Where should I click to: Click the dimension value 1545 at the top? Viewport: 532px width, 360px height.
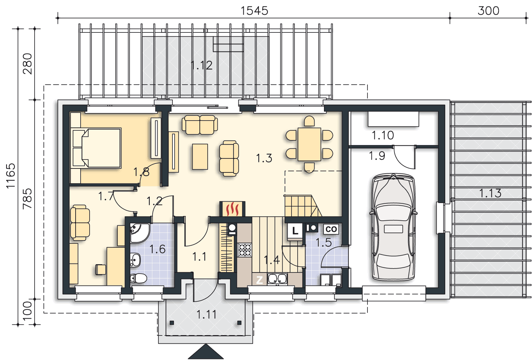tap(254, 11)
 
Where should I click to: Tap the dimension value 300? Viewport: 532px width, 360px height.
tap(488, 11)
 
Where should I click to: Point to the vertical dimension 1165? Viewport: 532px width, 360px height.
tap(11, 176)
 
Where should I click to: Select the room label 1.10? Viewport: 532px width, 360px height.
tap(383, 135)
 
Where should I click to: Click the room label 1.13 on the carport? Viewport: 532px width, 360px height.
tap(490, 193)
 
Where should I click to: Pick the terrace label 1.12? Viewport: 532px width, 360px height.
tap(202, 65)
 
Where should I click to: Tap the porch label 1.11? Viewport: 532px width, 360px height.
tap(206, 314)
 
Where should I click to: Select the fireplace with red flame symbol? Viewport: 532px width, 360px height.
tap(232, 209)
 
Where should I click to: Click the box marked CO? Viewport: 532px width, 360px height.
tap(331, 229)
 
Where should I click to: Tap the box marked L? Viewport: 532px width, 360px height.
tap(295, 230)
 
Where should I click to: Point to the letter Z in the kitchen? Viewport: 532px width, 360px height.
tap(260, 280)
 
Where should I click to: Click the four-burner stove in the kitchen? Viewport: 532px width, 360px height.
tap(245, 250)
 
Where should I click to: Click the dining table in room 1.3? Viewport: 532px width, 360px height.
tap(309, 144)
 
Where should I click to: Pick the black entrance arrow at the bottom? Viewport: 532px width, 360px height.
tap(206, 351)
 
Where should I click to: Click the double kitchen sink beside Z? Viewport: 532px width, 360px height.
tap(277, 279)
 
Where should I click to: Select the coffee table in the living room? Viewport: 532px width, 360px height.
tap(200, 157)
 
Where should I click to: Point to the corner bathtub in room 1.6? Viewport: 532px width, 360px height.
tap(140, 233)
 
